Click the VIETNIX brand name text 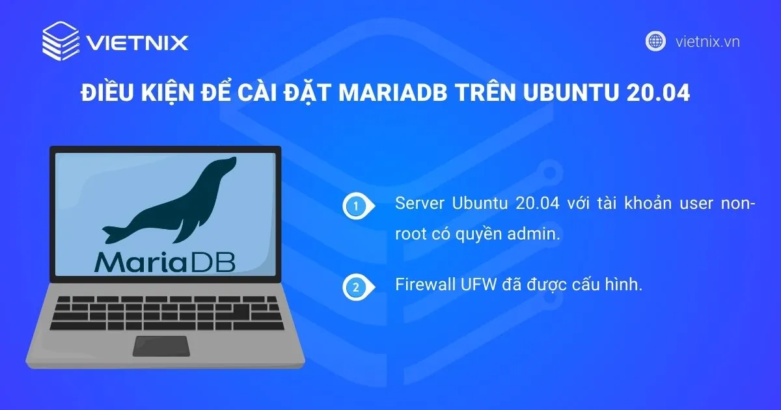coord(139,43)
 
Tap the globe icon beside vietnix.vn coord(655,41)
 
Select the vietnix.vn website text coord(707,42)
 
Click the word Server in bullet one coord(417,203)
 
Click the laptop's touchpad coord(161,346)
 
